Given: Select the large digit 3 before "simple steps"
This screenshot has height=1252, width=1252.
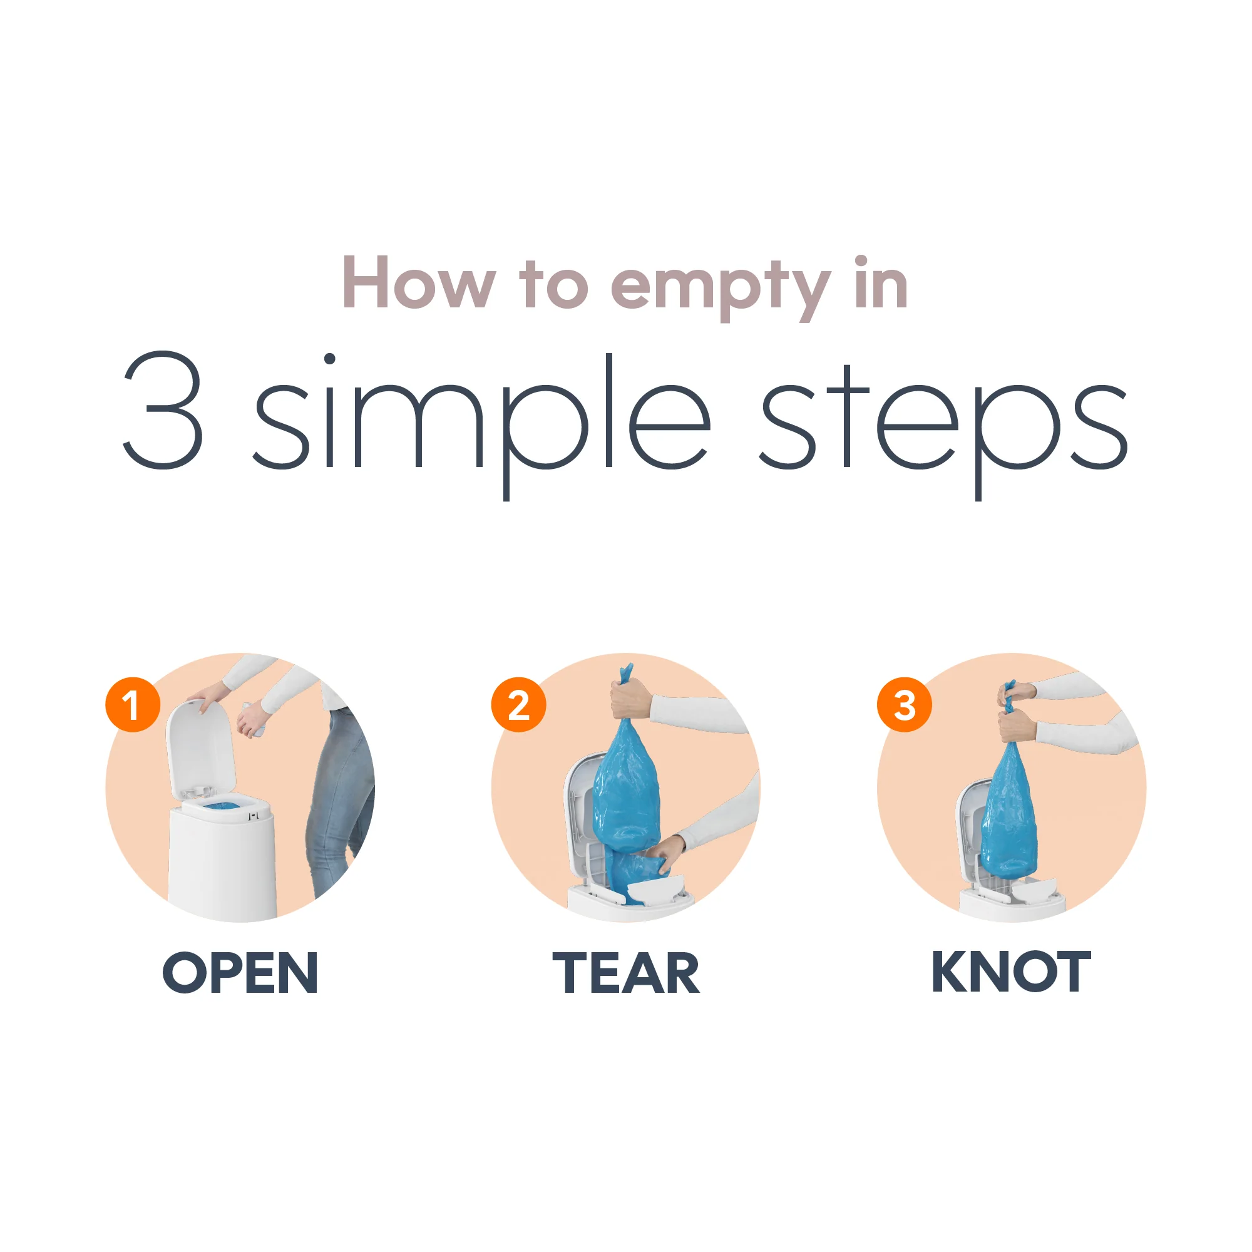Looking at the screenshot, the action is [x=163, y=409].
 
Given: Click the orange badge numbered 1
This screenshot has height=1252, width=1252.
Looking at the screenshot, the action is [x=133, y=705].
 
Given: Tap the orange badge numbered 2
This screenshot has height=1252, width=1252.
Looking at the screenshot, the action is [x=518, y=705].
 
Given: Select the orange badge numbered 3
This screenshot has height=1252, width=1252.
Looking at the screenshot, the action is [x=904, y=705].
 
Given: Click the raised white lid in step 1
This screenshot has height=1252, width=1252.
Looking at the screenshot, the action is [x=198, y=745].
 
